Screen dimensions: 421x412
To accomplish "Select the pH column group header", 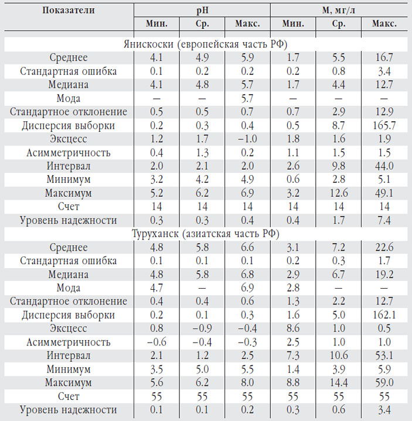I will (x=202, y=10).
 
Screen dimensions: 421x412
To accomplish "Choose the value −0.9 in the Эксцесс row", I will (x=202, y=328).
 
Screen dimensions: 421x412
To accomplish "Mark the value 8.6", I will (x=292, y=328).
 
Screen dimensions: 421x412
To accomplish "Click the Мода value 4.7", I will (x=156, y=287).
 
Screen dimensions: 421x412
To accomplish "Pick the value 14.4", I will (x=338, y=382).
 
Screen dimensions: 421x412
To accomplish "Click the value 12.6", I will (x=338, y=193).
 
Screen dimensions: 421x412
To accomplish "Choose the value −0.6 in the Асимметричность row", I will (x=156, y=342).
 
